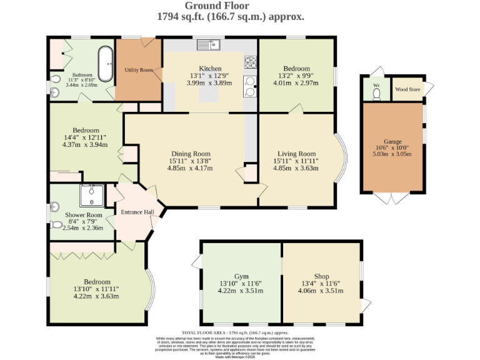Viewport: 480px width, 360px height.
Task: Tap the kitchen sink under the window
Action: click(209, 44)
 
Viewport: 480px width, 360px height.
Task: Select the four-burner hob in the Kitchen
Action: click(252, 62)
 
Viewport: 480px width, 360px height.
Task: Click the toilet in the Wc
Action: click(376, 93)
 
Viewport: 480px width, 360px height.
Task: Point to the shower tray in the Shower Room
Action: click(92, 196)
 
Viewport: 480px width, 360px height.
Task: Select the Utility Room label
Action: click(139, 70)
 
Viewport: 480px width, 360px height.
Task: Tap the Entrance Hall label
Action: click(137, 212)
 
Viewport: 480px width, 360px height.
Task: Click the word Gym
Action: click(241, 276)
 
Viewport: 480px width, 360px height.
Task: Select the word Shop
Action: click(321, 276)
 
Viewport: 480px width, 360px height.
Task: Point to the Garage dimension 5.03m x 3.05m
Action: click(392, 154)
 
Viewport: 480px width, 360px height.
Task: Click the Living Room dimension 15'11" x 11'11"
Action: click(296, 161)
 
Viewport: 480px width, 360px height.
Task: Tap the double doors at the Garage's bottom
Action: click(392, 198)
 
